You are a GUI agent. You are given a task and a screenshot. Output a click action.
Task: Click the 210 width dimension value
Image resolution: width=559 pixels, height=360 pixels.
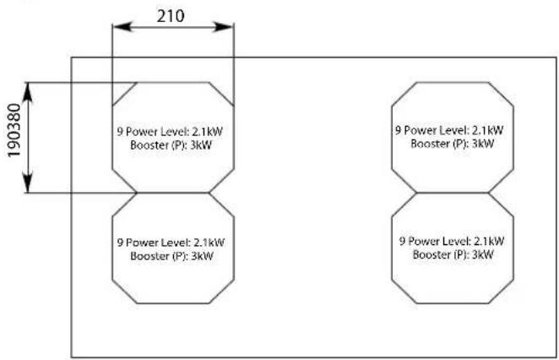click(173, 14)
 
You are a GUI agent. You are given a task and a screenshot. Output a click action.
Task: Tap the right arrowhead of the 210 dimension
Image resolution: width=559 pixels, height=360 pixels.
click(228, 26)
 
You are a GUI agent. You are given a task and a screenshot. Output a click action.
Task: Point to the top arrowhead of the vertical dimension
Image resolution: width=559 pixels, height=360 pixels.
click(30, 87)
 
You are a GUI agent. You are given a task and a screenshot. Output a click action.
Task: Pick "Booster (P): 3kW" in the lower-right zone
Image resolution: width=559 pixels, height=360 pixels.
click(453, 254)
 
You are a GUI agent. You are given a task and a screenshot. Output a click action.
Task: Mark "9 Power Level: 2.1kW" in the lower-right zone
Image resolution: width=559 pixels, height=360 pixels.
click(453, 241)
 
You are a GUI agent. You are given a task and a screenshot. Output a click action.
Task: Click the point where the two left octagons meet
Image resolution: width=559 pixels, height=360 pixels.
click(173, 193)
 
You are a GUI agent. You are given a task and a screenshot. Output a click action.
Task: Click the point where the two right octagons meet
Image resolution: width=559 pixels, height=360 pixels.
click(452, 192)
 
